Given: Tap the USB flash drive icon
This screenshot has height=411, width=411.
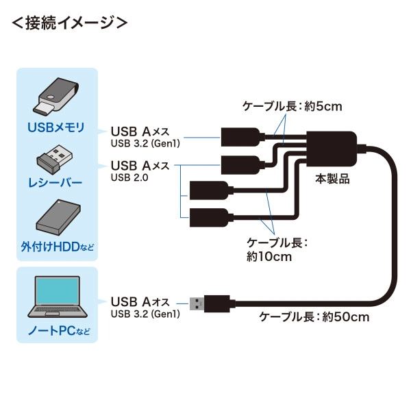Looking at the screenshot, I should pyautogui.click(x=57, y=97).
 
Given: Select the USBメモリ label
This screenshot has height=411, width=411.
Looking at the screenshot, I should pyautogui.click(x=57, y=127).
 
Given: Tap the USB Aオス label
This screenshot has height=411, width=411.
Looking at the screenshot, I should pyautogui.click(x=140, y=301).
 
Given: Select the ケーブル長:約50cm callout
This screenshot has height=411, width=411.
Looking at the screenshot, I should pyautogui.click(x=314, y=316).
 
